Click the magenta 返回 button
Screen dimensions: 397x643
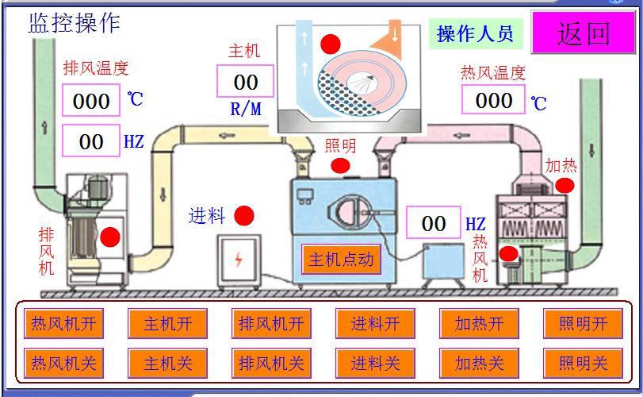[583, 33]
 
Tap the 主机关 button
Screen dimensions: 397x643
[167, 364]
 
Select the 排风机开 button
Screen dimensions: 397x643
[271, 324]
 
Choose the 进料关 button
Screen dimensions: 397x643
[375, 364]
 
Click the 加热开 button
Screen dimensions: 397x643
[479, 324]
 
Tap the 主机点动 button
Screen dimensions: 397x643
[340, 260]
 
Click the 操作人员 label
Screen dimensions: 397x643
[475, 33]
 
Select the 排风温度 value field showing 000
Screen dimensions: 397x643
[91, 101]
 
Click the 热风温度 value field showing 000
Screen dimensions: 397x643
[494, 100]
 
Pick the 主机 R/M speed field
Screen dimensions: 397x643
[246, 82]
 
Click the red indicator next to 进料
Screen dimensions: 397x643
[244, 215]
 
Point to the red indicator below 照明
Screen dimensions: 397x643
[340, 166]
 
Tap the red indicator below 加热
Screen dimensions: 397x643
[565, 185]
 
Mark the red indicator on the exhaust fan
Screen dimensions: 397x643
[109, 236]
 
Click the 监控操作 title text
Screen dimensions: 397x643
[75, 22]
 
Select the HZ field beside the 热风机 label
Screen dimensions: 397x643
[433, 224]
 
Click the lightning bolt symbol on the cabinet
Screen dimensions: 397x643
[239, 259]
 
